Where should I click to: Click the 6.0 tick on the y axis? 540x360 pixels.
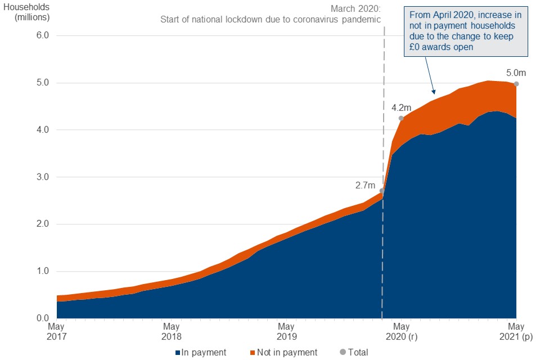point(43,35)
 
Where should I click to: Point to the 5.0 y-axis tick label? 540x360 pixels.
point(43,83)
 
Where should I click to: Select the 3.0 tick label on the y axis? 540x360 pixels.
point(43,177)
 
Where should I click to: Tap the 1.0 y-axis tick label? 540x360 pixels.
point(43,271)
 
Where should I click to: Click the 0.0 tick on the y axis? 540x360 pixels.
point(43,318)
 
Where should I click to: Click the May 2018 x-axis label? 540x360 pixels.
point(172,331)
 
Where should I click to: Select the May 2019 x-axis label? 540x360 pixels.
point(286,331)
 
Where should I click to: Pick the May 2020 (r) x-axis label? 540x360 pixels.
point(401,331)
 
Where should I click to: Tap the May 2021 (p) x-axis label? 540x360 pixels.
point(516,331)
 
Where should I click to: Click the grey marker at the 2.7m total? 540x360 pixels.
point(382,191)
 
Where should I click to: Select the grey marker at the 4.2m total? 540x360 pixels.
point(401,118)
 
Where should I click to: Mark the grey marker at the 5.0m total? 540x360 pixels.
point(516,84)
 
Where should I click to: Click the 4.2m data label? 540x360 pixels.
point(402,107)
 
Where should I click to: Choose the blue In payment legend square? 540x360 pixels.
point(178,353)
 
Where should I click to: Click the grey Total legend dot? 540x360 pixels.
point(343,353)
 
